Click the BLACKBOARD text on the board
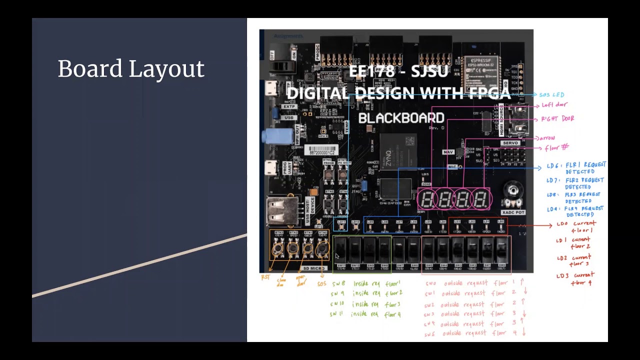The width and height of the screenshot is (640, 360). [x=401, y=118]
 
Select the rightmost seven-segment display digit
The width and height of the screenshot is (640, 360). [x=481, y=199]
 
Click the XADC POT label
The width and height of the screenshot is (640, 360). [x=513, y=212]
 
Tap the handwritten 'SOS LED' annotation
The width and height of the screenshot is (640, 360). [x=552, y=94]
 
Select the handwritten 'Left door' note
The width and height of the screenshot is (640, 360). [x=554, y=105]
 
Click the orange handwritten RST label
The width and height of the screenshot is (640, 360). [x=265, y=277]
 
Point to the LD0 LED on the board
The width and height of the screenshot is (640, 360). [x=501, y=226]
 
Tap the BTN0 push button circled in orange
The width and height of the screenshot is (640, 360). [x=322, y=247]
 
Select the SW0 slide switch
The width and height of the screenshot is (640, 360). [x=502, y=249]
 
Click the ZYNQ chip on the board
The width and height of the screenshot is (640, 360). [x=392, y=152]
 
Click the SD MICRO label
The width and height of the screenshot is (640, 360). [x=313, y=268]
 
